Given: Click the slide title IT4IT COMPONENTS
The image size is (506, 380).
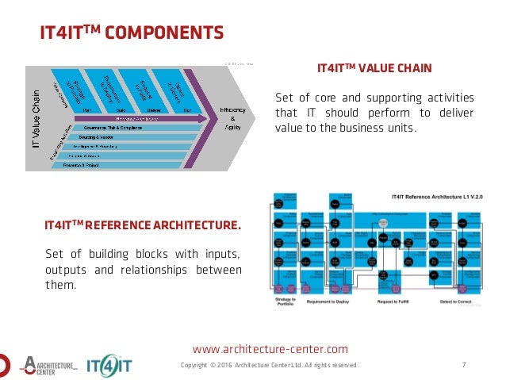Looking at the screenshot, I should coord(132,33).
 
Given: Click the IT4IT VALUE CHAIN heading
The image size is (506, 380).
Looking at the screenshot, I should coord(374,69).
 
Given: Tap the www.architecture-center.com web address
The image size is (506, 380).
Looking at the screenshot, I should coord(270,348).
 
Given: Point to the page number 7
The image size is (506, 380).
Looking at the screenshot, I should coord(463,365).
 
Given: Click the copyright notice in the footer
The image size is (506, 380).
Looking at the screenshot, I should coord(270,365).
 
